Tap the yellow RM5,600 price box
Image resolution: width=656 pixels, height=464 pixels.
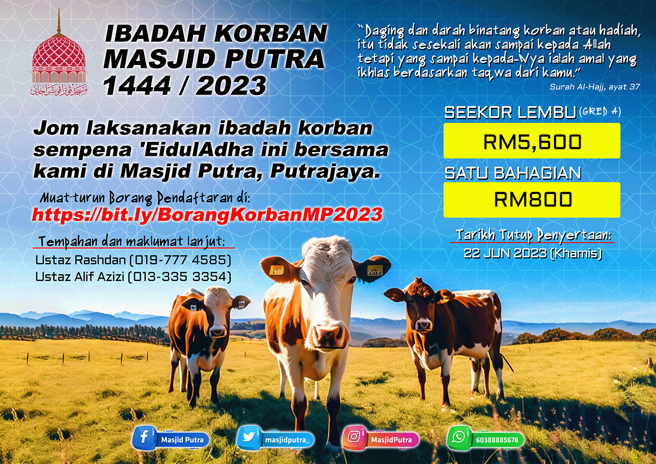(532, 141)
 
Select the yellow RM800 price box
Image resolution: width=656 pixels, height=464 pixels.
(532, 200)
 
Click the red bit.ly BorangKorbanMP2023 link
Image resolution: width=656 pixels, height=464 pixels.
(207, 215)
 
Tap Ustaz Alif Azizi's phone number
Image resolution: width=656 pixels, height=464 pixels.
(180, 277)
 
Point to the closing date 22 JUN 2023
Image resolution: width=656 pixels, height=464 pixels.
(505, 253)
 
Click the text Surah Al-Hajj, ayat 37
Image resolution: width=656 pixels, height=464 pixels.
(594, 86)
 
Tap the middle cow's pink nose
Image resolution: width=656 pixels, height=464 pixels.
(327, 335)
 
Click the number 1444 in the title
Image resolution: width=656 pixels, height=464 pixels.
(137, 86)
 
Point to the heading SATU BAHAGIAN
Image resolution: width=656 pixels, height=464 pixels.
(513, 173)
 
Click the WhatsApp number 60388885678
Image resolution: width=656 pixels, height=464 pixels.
(497, 440)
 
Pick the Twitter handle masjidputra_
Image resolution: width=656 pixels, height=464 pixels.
(287, 440)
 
